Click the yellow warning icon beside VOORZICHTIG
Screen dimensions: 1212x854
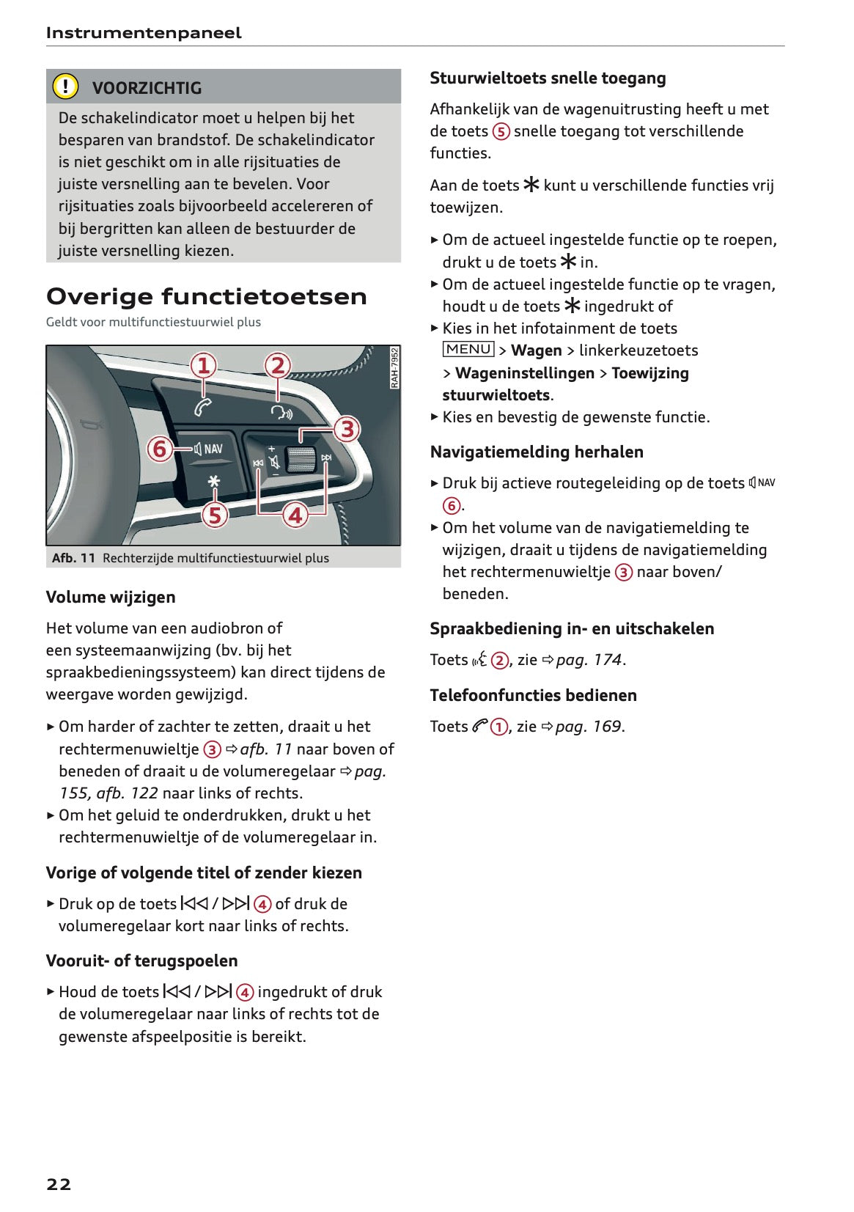pos(65,87)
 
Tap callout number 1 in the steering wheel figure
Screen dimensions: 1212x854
pos(204,365)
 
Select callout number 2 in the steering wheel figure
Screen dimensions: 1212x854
pos(277,365)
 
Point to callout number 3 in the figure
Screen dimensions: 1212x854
pos(347,429)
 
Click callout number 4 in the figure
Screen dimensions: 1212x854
pos(295,515)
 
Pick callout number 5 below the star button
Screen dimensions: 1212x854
pos(214,515)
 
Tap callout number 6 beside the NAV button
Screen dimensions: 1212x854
pos(160,448)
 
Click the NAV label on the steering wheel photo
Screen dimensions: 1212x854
pos(213,449)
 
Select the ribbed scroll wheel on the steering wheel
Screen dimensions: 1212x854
pos(300,459)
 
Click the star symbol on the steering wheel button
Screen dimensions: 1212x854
pos(213,482)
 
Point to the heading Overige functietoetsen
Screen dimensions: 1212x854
pos(207,297)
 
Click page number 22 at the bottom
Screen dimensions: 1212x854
pos(59,1184)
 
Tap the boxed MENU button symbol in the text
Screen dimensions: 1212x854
pos(468,350)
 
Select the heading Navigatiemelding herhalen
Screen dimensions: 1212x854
pos(537,452)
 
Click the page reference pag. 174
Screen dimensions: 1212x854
pos(589,660)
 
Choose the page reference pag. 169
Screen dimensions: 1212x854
pos(588,727)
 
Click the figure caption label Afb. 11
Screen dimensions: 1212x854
pos(73,558)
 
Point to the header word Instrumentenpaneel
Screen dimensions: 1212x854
pos(144,33)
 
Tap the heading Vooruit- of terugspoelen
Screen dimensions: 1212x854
pos(141,961)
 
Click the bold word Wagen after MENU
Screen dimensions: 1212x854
pos(536,350)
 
